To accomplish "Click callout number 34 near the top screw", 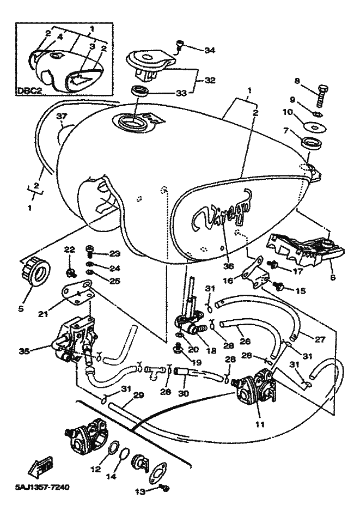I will (x=210, y=51).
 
